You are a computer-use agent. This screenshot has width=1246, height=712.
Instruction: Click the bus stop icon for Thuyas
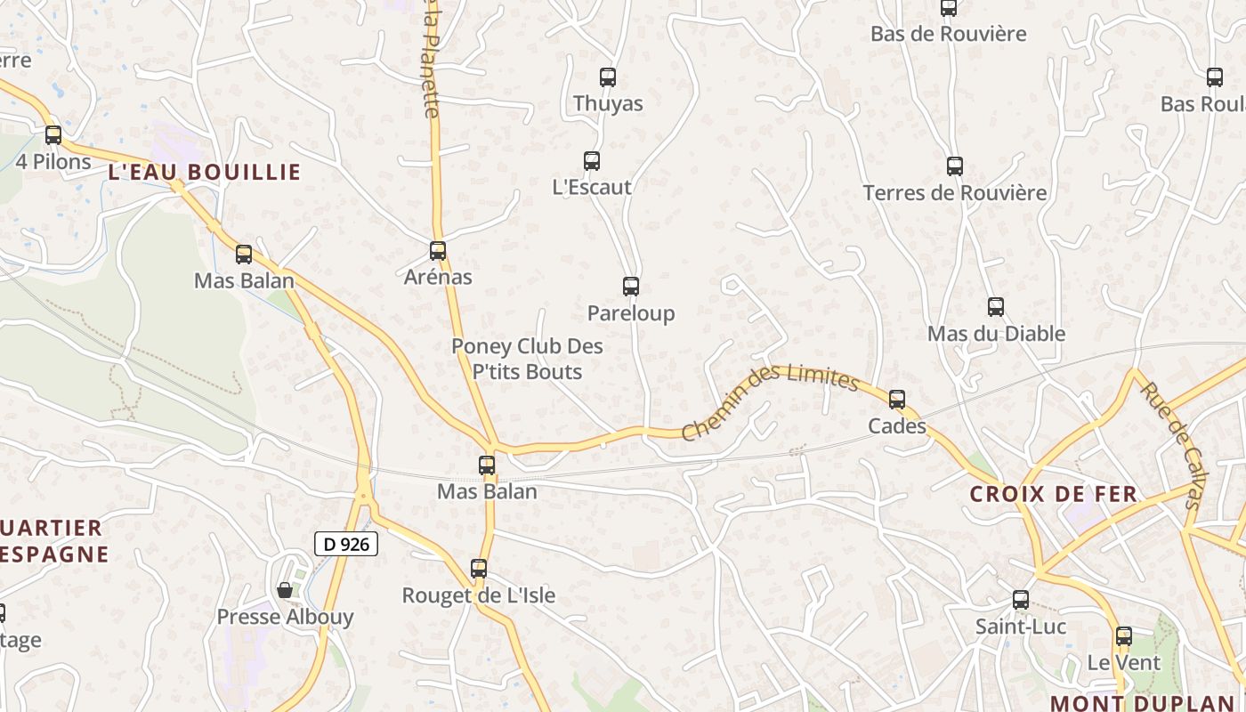coord(608,77)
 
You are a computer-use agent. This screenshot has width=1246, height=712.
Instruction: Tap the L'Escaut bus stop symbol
coord(592,161)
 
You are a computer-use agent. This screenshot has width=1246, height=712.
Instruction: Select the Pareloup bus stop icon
coord(631,287)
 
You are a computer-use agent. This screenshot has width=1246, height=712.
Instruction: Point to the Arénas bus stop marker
coord(438,251)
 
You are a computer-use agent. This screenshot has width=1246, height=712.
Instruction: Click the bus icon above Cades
coord(897,400)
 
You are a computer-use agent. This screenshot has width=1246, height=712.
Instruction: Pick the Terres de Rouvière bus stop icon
coord(955,166)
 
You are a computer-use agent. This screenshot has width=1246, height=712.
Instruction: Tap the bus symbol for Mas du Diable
coord(996,307)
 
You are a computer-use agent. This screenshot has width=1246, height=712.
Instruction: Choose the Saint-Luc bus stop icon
coord(1021,600)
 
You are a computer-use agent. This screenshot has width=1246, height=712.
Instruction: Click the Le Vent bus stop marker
coord(1124,636)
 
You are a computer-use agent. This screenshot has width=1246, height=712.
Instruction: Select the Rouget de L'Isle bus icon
coord(479,569)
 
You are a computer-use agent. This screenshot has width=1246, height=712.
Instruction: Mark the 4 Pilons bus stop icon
coord(53,135)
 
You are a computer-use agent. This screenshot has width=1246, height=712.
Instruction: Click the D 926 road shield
coord(346,544)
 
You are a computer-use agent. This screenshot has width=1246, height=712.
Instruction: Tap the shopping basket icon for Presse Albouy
coord(285,590)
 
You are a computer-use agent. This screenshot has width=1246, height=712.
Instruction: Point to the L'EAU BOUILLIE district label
coord(205,173)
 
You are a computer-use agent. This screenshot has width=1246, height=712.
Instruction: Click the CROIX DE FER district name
coord(1054,495)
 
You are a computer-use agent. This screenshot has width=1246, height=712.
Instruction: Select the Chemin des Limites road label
coord(770,401)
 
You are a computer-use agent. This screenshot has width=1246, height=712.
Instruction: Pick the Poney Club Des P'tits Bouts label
coord(528,359)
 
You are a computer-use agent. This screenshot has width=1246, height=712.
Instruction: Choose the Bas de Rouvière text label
coord(949,35)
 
